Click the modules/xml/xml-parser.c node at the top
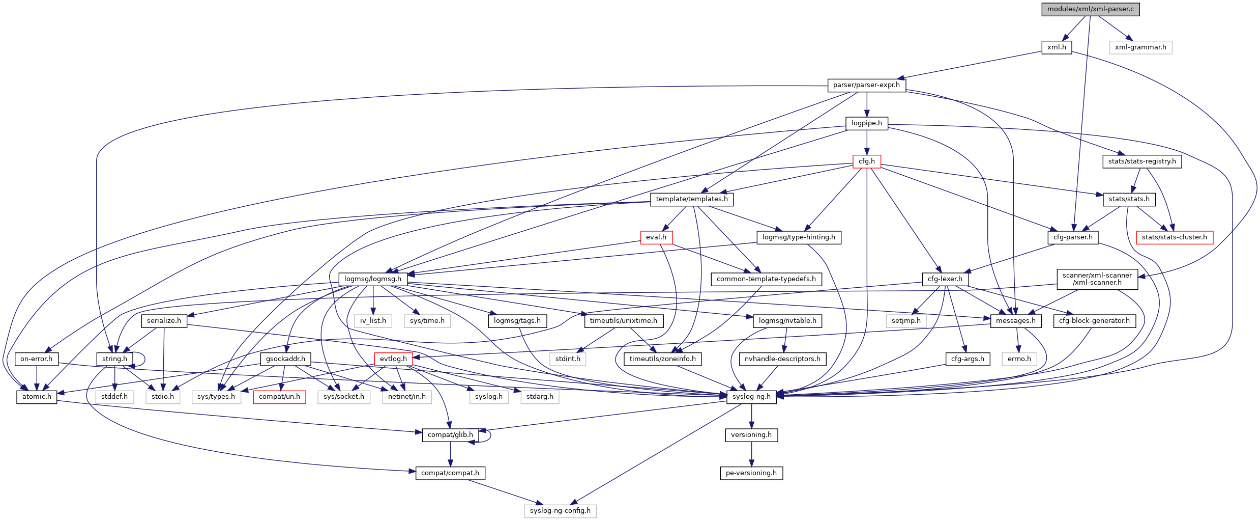coord(1090,9)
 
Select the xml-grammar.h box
coord(1140,47)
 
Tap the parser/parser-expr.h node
coord(866,85)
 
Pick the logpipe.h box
coord(867,123)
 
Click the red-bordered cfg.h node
coord(867,161)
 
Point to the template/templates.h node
coord(692,199)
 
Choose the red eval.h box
coord(656,237)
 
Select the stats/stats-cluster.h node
coord(1174,237)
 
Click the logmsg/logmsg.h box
coord(373,279)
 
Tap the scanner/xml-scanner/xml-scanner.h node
coord(1097,279)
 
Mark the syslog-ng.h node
coord(751,397)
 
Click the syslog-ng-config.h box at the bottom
coord(560,511)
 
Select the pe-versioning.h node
coord(751,473)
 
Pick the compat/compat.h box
coord(450,473)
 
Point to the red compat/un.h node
coord(279,397)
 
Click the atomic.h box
coord(37,397)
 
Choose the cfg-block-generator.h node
coord(1094,321)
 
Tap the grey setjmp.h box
coord(906,321)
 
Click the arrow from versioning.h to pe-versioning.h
coord(751,454)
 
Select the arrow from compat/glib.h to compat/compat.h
coord(450,454)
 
